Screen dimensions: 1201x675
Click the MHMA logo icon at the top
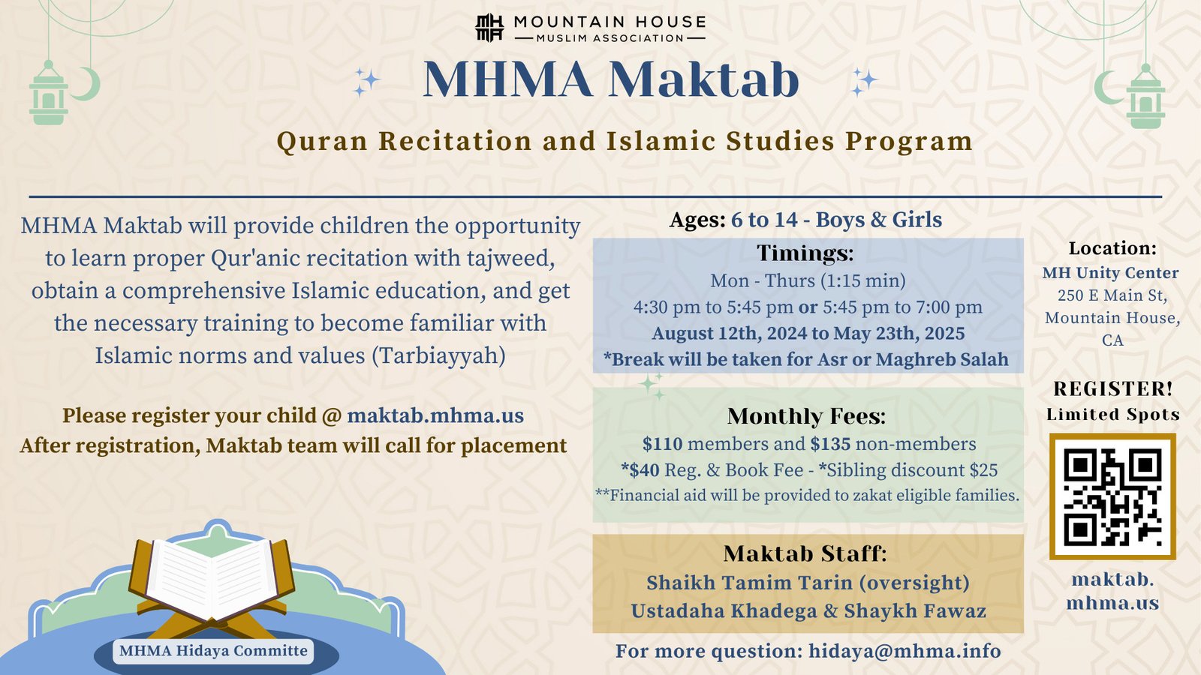[489, 27]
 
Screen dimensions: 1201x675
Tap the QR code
[1112, 496]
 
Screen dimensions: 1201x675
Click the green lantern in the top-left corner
[48, 93]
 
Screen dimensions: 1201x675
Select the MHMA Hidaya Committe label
[213, 651]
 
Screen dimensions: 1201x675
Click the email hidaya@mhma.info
[905, 651]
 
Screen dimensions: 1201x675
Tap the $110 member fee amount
[662, 444]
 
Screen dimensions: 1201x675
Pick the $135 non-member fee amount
[830, 444]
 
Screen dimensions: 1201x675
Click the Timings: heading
[805, 253]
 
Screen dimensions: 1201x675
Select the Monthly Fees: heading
[806, 416]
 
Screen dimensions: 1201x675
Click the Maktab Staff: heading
[805, 554]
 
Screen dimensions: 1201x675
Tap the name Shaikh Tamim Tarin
[750, 583]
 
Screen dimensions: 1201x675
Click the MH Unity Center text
[1110, 273]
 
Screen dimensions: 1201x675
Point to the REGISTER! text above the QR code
[1113, 389]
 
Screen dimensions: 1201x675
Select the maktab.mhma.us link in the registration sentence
[435, 415]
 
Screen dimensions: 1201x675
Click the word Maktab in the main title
[704, 79]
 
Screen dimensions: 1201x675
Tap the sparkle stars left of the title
[366, 82]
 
